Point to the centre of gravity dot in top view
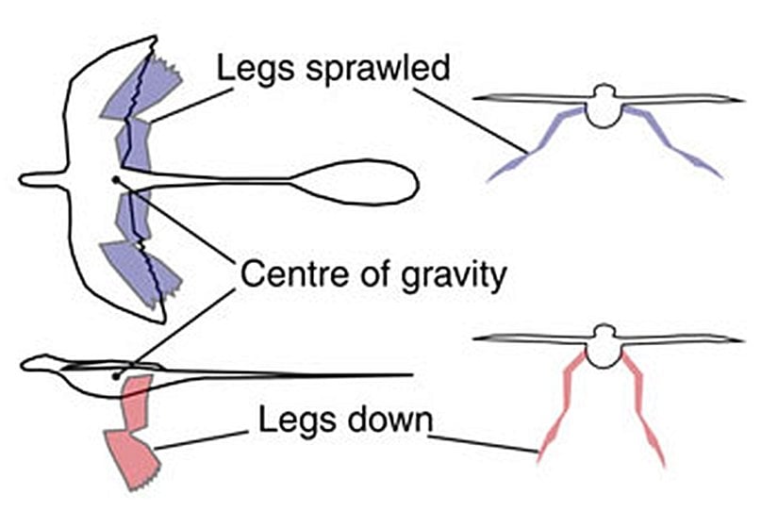tap(115, 178)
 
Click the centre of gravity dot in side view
tap(115, 375)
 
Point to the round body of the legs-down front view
tap(604, 351)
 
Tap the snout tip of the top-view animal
tap(24, 177)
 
